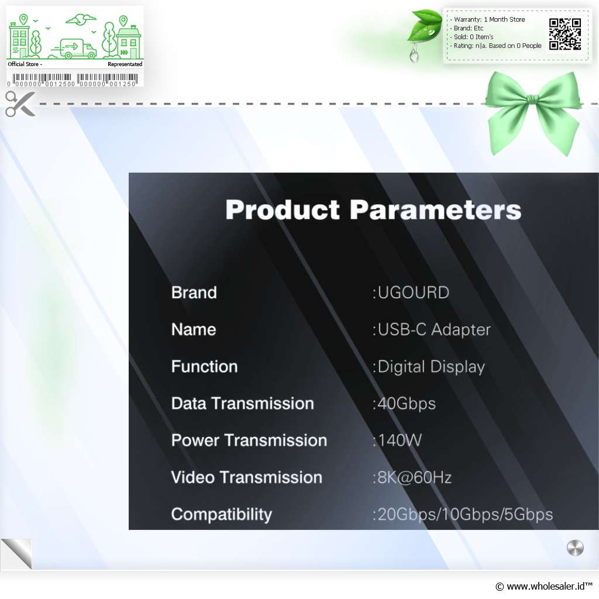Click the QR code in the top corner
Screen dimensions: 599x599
(565, 34)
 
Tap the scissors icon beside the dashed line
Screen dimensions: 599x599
(20, 104)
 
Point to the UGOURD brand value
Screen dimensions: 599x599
(411, 292)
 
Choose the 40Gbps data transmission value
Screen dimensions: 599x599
(404, 404)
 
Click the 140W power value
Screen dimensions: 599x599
(397, 440)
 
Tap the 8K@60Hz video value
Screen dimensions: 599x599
(412, 477)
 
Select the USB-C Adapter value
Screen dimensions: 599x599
(431, 330)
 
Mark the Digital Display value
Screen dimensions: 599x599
(428, 367)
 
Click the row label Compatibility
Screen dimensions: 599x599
(222, 515)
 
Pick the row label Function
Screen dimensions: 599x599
(204, 366)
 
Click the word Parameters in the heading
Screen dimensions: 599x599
(435, 210)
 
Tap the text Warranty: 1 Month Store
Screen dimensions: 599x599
(490, 19)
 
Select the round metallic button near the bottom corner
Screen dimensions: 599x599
(575, 548)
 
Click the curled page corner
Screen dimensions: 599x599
(16, 553)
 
